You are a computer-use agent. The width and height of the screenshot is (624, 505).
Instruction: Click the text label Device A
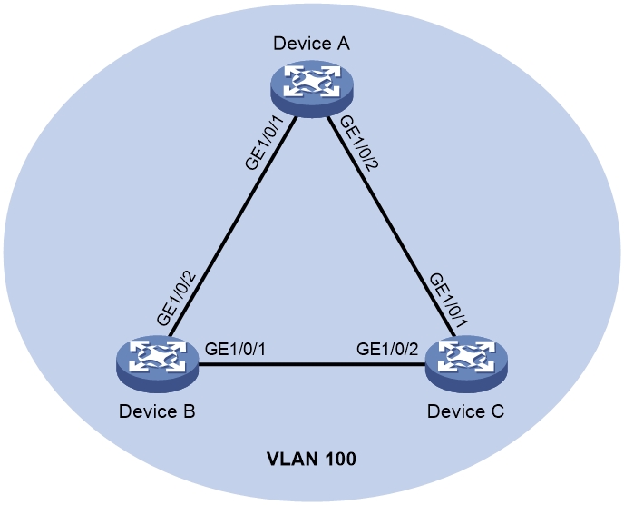pos(312,44)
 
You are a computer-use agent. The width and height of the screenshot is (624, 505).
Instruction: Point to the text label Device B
pos(157,411)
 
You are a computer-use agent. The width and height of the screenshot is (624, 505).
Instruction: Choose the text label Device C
pos(465,411)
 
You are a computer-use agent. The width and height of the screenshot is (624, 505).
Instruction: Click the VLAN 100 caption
pos(311,460)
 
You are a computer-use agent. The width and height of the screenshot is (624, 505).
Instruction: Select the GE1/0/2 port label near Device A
pos(356,143)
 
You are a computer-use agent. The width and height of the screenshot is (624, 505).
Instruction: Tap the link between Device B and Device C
pos(312,366)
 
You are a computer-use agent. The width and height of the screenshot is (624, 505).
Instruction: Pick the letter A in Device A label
pos(344,44)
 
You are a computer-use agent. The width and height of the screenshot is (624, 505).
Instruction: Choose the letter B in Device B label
pos(189,411)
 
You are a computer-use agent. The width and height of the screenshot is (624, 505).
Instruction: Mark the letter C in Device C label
pos(497,411)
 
